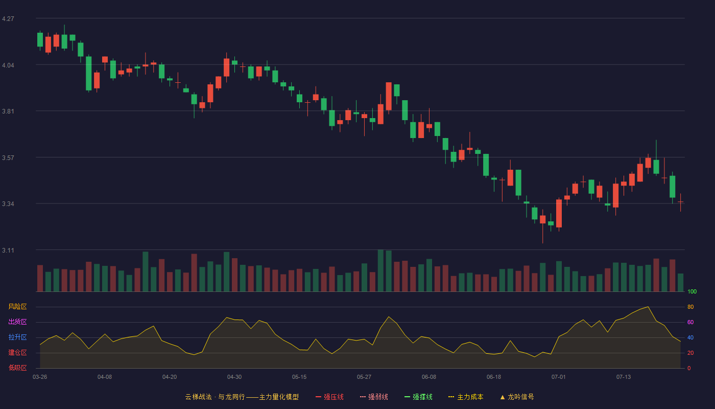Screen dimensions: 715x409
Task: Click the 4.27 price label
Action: [x=8, y=19]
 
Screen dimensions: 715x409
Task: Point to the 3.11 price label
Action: [x=8, y=250]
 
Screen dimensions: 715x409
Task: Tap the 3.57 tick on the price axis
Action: [x=8, y=158]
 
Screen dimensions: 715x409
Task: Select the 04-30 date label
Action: [x=234, y=377]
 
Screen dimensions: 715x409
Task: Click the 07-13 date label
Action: [x=624, y=377]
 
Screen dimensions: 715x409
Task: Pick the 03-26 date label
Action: [x=40, y=377]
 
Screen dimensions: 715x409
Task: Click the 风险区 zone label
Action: [x=17, y=306]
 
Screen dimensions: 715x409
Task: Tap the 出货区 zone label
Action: [x=17, y=322]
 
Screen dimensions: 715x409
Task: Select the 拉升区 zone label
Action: [x=17, y=337]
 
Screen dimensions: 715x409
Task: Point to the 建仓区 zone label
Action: [x=17, y=352]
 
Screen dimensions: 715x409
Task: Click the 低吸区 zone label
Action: [x=17, y=368]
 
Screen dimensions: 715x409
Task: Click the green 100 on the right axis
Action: [x=692, y=291]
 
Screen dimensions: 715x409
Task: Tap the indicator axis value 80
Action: [x=690, y=307]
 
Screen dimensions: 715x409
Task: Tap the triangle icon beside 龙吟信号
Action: [x=503, y=397]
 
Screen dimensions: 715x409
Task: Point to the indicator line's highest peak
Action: [x=648, y=307]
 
